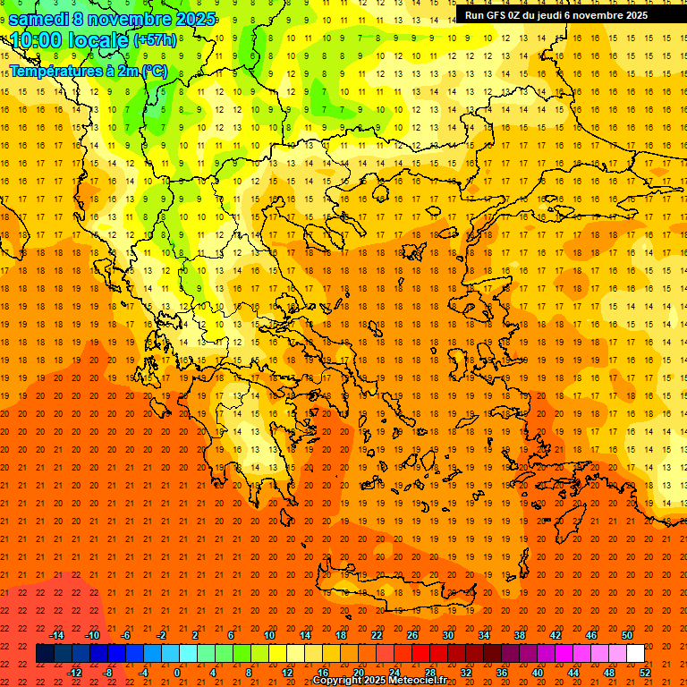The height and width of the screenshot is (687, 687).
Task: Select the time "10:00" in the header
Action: [x=40, y=40]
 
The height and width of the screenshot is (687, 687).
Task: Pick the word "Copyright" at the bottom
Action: [x=339, y=681]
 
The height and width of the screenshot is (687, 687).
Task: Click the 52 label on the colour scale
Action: [x=645, y=673]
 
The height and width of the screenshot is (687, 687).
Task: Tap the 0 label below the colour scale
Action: [x=177, y=673]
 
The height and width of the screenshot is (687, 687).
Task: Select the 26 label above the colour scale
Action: [x=412, y=635]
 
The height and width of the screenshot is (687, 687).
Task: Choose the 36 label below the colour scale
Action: [x=502, y=673]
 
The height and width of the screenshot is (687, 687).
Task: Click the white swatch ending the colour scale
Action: [x=635, y=654]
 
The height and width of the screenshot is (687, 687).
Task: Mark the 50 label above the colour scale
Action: [x=627, y=635]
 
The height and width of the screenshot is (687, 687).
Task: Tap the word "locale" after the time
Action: [x=99, y=40]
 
